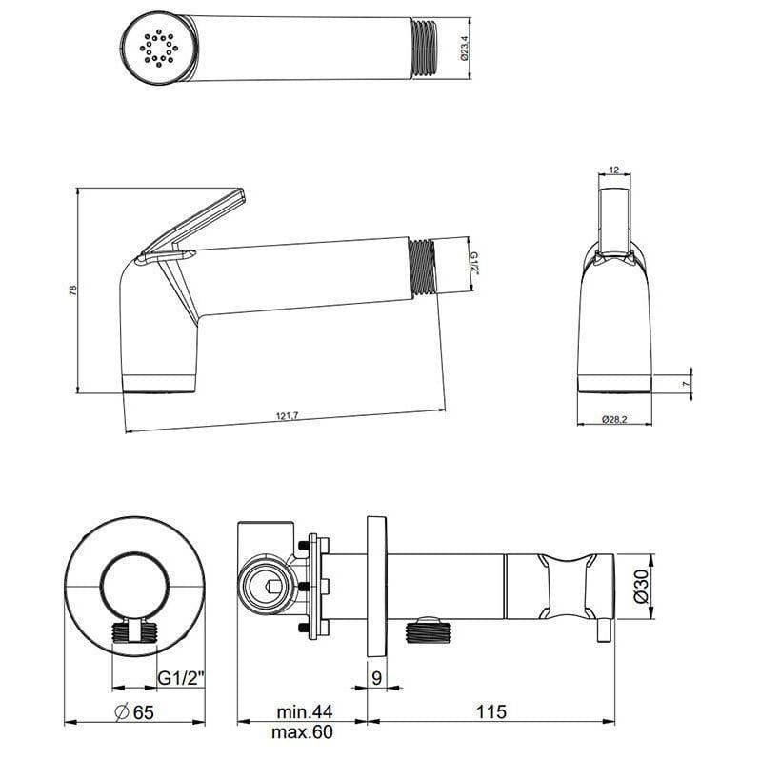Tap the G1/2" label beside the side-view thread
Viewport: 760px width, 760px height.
pyautogui.click(x=473, y=261)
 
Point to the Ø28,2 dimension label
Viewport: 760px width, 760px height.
pyautogui.click(x=614, y=418)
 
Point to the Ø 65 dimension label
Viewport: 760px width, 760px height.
pyautogui.click(x=134, y=711)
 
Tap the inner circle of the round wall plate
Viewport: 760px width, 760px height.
pyautogui.click(x=134, y=582)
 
